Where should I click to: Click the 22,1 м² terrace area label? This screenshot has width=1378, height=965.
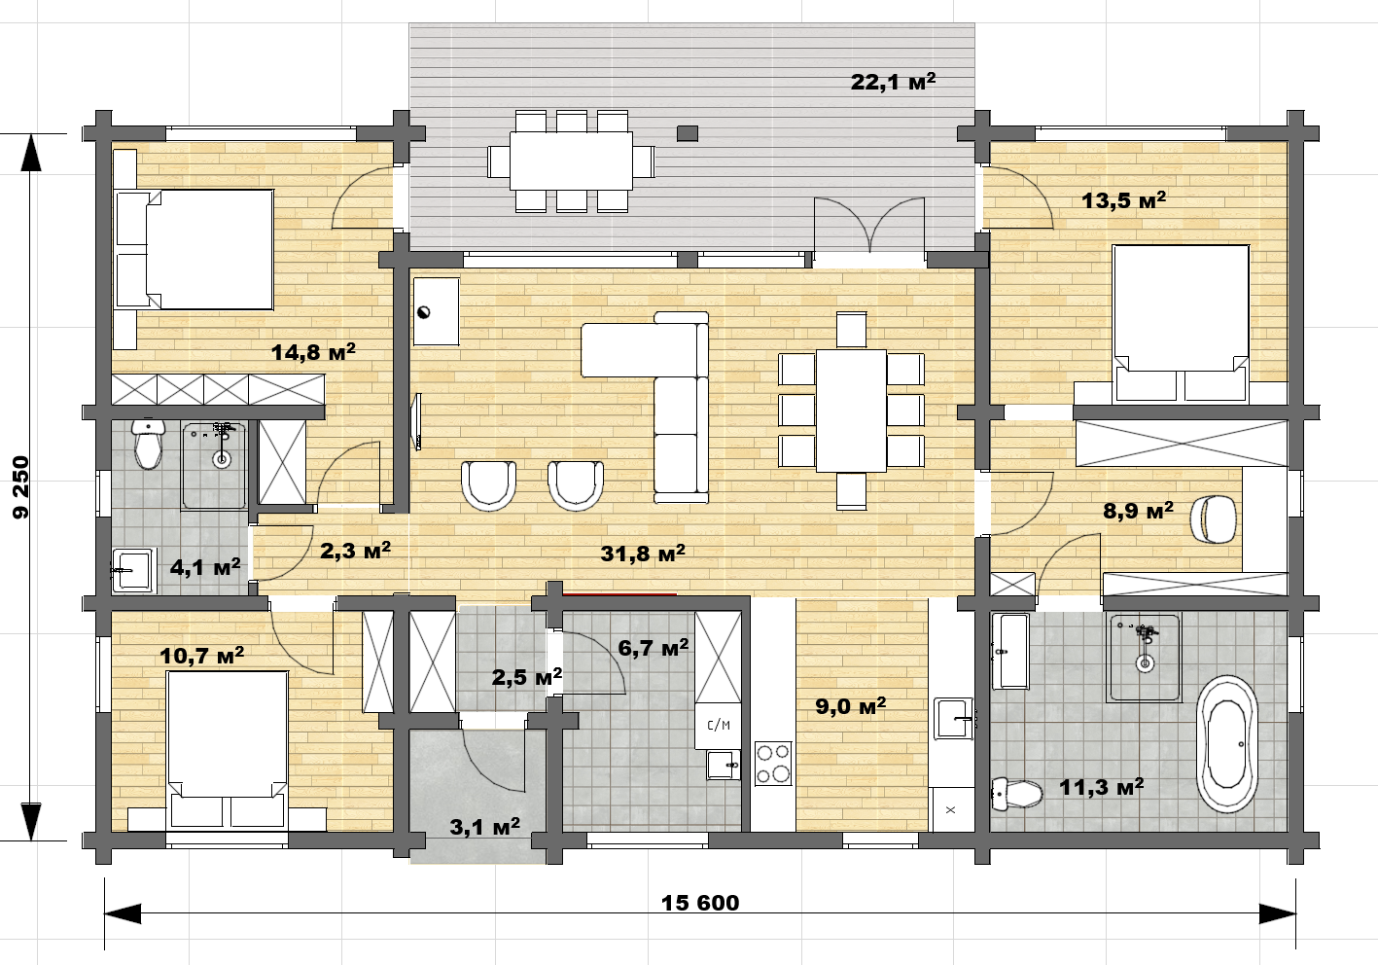[x=894, y=82]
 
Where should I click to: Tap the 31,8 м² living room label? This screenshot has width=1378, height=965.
[x=643, y=554]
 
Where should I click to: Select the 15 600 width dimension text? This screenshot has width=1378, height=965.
[x=700, y=903]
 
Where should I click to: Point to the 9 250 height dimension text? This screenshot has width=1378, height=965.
[x=21, y=487]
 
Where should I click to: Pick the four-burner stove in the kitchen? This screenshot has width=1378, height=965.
[x=773, y=764]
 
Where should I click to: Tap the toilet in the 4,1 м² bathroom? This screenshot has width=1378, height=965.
[x=148, y=443]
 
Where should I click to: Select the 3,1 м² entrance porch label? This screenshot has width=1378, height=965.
[x=484, y=827]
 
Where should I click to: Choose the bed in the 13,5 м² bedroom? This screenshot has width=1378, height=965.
[x=1181, y=324]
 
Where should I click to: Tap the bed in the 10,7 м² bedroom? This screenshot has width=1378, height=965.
[x=228, y=749]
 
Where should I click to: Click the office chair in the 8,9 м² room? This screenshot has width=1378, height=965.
[x=1213, y=519]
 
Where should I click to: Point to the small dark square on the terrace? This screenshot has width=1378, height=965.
[x=688, y=133]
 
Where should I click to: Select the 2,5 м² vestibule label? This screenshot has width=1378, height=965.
[x=526, y=677]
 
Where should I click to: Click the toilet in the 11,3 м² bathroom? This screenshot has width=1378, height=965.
[x=1017, y=794]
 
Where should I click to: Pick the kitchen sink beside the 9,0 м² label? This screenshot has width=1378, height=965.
[x=954, y=718]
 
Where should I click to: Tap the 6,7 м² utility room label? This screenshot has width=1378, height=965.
[x=654, y=648]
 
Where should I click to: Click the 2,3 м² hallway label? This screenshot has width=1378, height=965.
[x=356, y=551]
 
